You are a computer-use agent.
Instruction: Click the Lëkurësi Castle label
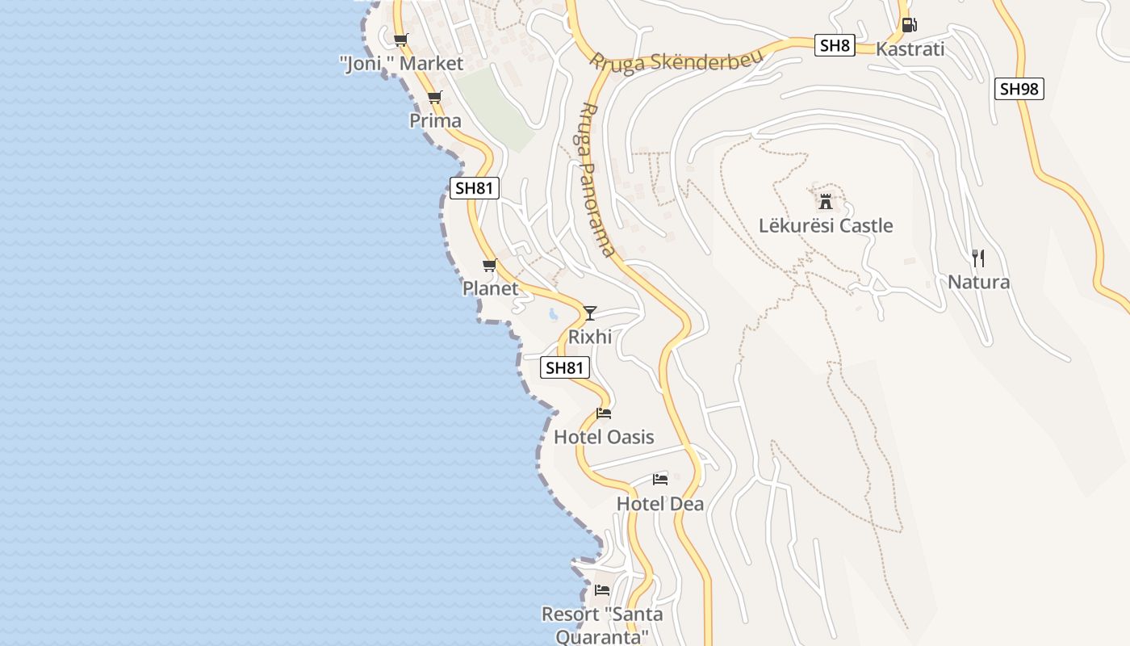826,225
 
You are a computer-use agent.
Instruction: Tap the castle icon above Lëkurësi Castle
825,201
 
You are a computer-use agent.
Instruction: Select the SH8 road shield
835,45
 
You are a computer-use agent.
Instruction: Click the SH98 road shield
1019,89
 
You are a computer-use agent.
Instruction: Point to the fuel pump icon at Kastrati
909,25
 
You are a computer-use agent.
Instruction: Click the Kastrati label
910,49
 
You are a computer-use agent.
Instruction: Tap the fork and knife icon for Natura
978,258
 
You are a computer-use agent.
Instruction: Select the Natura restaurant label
978,283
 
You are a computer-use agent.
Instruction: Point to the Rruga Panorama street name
598,179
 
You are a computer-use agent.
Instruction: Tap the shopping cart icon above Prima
435,98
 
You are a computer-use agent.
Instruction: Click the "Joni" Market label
401,64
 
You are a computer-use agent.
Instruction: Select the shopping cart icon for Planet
489,266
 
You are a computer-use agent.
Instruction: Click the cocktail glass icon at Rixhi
590,313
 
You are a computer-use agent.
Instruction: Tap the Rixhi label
590,337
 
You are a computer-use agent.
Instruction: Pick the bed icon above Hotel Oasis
604,414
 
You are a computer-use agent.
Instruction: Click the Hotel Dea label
660,504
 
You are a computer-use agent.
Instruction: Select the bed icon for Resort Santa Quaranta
602,590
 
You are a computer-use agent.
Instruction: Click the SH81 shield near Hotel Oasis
565,368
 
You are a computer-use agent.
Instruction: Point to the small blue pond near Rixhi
554,314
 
